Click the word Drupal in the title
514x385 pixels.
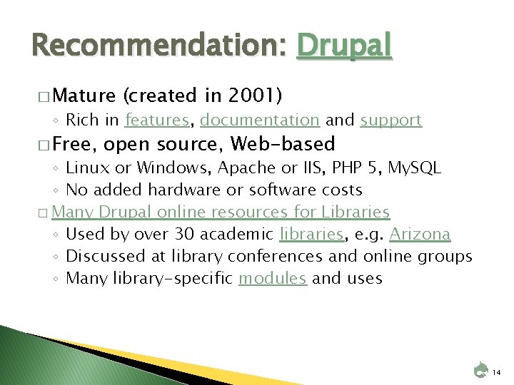345,46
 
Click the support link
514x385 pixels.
390,120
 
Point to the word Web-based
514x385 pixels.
283,144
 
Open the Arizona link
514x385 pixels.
420,234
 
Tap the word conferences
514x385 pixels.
295,256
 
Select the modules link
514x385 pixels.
273,278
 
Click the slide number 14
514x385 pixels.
497,372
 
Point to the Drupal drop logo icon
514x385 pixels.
480,370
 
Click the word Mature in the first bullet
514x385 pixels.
84,95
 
